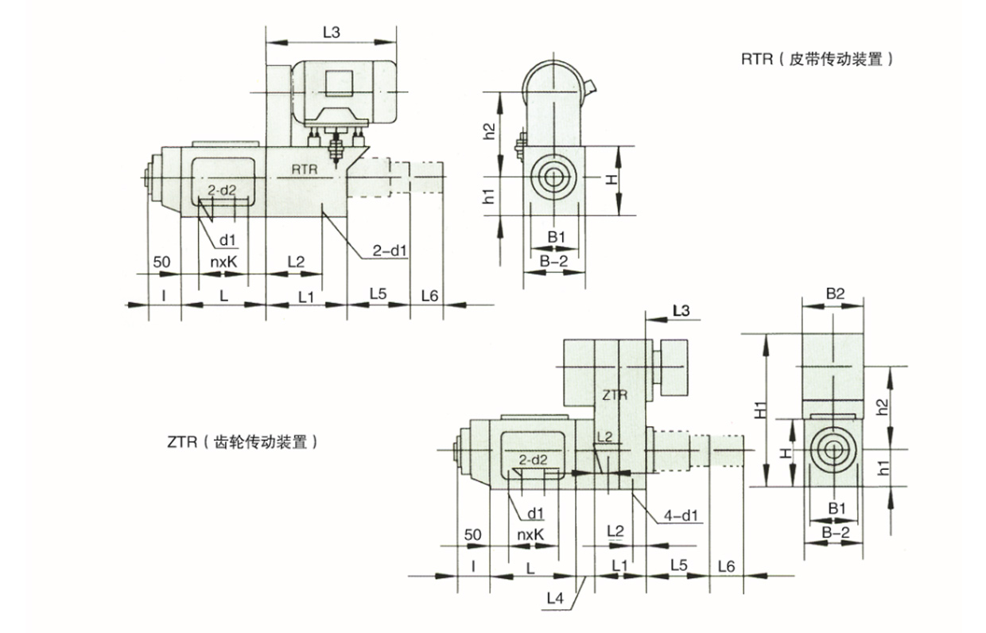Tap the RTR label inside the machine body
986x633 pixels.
(x=305, y=169)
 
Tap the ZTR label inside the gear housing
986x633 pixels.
(x=615, y=394)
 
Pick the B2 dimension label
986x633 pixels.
(x=834, y=293)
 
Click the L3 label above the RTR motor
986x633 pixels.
(x=332, y=33)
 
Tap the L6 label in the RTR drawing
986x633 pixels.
(x=429, y=295)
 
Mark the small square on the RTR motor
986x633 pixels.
(x=338, y=83)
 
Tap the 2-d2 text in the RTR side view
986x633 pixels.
(x=222, y=191)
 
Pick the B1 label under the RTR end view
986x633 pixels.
(x=556, y=236)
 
